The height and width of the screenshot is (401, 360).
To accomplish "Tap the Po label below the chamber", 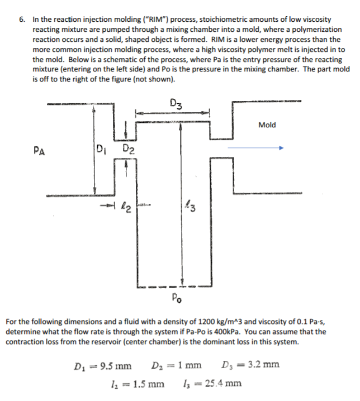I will [176, 297].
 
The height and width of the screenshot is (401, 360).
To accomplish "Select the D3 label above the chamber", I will [174, 103].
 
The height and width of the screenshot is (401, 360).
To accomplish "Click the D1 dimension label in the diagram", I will [101, 149].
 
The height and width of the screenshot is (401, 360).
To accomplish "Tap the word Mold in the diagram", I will [267, 125].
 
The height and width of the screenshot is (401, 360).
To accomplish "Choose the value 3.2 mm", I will [262, 366].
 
